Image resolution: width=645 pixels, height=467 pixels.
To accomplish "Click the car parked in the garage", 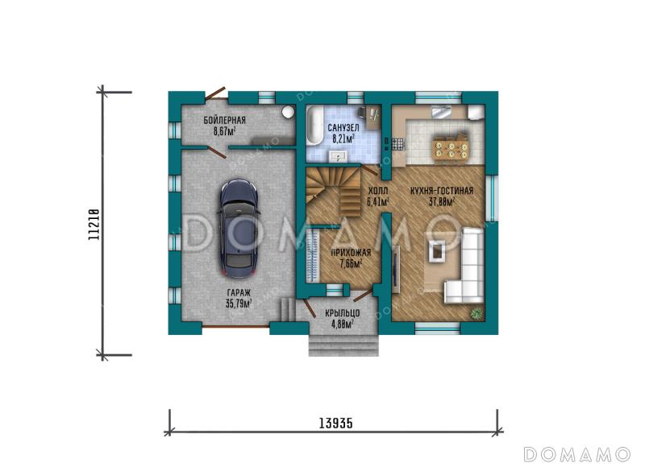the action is tap(239, 229).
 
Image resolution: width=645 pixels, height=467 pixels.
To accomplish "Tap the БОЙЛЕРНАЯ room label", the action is tap(225, 120).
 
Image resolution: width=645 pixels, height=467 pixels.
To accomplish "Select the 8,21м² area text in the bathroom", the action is tap(343, 138).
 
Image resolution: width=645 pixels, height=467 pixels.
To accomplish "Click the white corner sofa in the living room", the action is tap(467, 267).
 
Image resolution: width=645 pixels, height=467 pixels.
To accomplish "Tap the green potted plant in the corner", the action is tap(476, 314).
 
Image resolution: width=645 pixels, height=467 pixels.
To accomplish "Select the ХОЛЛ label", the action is tap(377, 191).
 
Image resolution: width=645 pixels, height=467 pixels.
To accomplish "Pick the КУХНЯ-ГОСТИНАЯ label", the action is tap(442, 191).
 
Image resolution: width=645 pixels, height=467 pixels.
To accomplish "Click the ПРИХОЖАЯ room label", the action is tap(351, 253).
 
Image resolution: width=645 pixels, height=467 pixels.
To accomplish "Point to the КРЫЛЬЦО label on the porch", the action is tap(342, 313).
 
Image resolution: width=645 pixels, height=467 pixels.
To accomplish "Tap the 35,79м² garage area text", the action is tap(239, 304).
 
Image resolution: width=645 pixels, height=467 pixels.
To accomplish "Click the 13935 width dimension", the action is tap(335, 423).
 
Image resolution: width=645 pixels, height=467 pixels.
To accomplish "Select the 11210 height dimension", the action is tap(94, 225).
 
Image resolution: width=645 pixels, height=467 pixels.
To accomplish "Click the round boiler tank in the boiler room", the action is tap(288, 111).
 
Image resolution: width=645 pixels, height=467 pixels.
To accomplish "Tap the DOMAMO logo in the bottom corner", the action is tap(576, 454).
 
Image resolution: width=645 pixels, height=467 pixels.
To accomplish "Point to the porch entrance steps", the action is tap(343, 345).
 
